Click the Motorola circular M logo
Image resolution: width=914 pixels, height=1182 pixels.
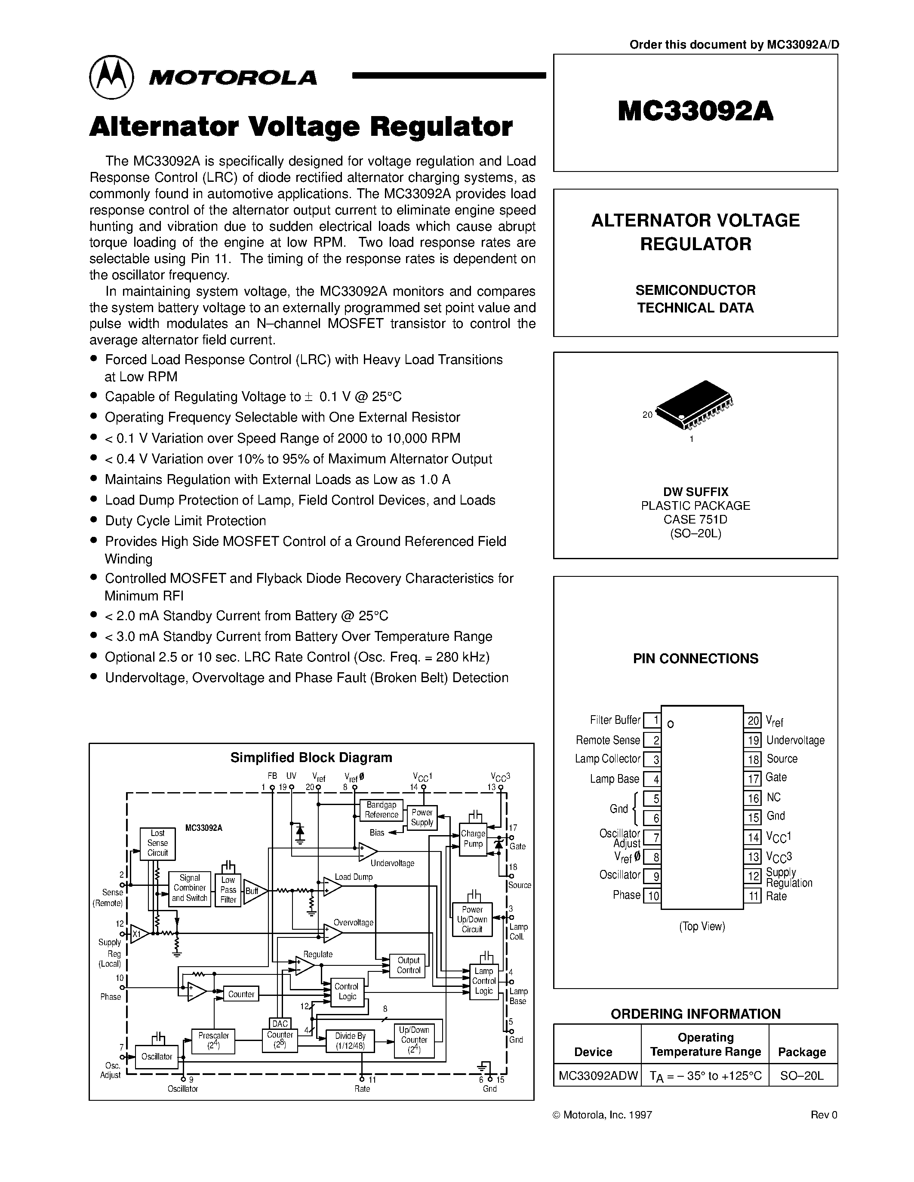point(111,77)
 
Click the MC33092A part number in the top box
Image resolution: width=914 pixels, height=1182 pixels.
point(695,111)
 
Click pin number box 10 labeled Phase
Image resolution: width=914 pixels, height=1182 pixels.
point(653,896)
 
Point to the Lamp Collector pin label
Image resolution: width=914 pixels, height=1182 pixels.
point(607,759)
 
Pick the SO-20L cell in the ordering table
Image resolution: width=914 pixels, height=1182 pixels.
point(801,1075)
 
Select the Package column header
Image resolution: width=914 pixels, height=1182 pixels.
point(801,1052)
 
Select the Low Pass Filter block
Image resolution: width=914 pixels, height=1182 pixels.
point(228,890)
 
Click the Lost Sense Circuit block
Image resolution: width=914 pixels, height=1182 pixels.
point(157,843)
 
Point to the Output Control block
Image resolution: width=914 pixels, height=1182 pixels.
point(408,965)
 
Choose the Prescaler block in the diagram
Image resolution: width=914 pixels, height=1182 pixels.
point(213,1040)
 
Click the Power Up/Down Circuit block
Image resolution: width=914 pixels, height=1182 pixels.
point(472,919)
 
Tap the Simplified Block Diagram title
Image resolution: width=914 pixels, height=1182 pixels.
point(311,757)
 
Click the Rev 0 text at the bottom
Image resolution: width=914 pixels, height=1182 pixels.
point(824,1115)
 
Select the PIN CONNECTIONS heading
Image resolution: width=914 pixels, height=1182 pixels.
point(695,658)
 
